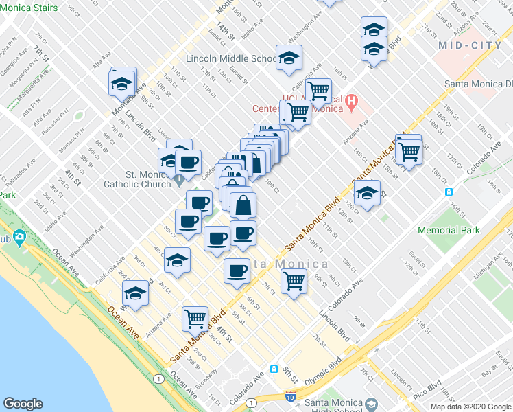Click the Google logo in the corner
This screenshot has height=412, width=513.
[23, 404]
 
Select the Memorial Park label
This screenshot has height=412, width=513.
[449, 231]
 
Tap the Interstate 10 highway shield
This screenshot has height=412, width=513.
[291, 397]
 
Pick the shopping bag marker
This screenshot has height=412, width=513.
[243, 204]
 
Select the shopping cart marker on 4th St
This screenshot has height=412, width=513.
[195, 318]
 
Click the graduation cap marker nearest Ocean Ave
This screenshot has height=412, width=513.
[136, 293]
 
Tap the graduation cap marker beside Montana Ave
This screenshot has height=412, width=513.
[121, 83]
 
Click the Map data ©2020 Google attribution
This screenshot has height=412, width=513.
[470, 407]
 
